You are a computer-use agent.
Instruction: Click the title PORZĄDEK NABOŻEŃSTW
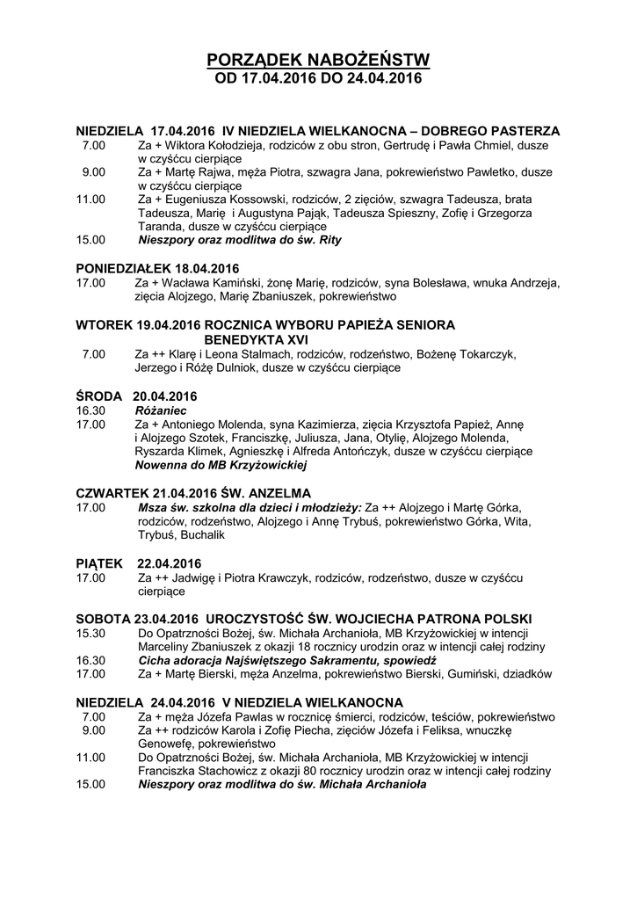tap(318, 61)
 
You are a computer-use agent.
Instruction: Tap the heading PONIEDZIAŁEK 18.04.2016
tap(157, 268)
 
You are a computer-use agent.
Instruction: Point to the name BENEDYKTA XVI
tap(256, 339)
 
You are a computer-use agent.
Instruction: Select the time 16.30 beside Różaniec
tap(90, 410)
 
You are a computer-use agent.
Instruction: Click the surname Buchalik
tap(203, 535)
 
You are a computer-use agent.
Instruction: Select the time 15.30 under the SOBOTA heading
tap(90, 633)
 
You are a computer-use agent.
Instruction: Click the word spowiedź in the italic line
tap(409, 660)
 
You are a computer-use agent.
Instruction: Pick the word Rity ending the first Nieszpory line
tap(329, 239)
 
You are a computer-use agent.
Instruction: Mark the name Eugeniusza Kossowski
tap(221, 200)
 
